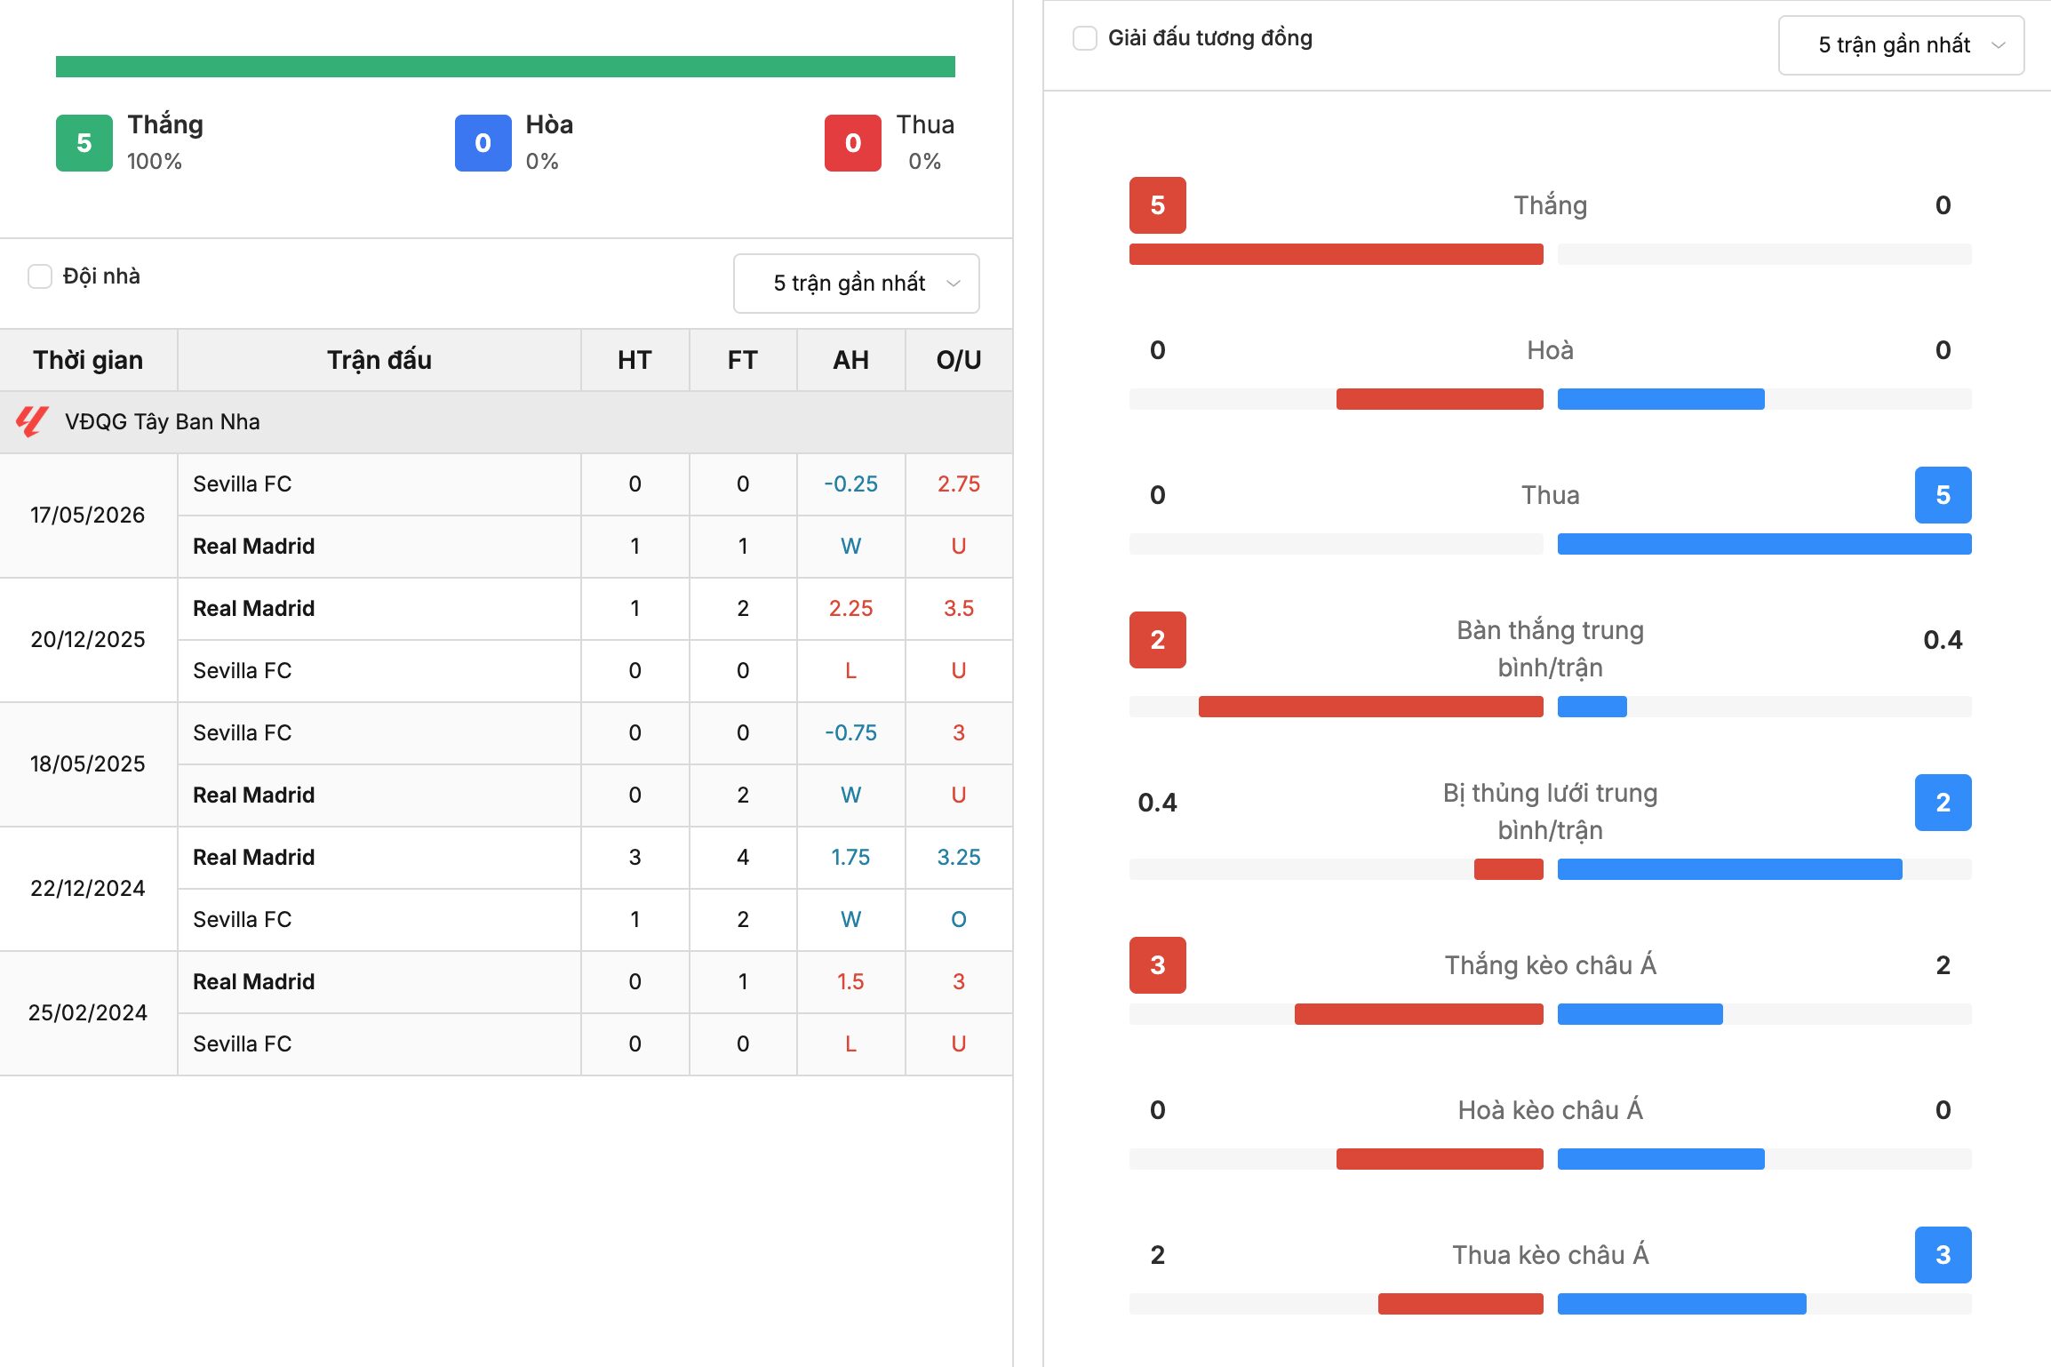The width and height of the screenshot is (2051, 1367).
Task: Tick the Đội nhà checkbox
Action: [40, 276]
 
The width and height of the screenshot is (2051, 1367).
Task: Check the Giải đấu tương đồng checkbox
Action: [1085, 38]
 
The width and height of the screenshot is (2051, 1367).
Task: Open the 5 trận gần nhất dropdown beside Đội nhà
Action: [856, 284]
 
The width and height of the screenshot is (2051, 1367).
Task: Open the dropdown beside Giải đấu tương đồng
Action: [1901, 45]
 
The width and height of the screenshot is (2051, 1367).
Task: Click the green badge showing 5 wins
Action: [84, 143]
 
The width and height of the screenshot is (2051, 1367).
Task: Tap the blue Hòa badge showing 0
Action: [483, 143]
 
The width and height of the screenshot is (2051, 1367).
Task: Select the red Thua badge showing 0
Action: [853, 143]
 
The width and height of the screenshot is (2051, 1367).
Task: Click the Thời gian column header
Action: [88, 360]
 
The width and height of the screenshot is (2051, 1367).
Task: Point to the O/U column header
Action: [959, 360]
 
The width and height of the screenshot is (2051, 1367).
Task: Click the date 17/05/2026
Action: [87, 516]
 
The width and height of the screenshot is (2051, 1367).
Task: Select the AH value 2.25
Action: [850, 609]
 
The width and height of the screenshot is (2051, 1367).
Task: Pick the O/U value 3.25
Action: [959, 858]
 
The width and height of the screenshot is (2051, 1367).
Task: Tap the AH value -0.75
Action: [850, 733]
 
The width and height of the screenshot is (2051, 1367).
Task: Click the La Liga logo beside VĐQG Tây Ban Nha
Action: [32, 421]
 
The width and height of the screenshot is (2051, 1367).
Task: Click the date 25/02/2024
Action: [87, 1013]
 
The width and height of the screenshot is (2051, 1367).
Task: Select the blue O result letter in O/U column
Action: [959, 920]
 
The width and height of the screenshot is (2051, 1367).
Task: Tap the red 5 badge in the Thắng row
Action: [1158, 205]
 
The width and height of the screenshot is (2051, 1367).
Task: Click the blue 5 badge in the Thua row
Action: [1943, 495]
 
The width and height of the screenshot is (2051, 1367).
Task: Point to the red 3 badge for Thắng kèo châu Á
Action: [1158, 965]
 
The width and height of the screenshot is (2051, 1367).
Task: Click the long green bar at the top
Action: [506, 67]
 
